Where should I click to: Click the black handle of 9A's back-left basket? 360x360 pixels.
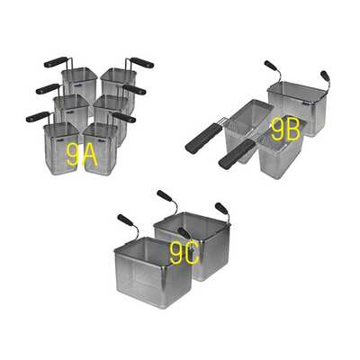coord(56,62)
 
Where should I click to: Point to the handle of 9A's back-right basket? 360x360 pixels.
coord(141,62)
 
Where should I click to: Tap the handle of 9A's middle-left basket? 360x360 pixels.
coord(48,88)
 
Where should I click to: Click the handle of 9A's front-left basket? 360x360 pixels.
coord(38,116)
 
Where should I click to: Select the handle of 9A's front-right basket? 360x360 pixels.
coord(123,117)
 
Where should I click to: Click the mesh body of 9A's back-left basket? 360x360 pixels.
coord(79,83)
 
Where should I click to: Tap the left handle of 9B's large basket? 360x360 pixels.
coord(271,66)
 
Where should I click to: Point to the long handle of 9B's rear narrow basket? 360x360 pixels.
coord(200,139)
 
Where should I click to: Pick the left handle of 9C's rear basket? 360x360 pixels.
coord(165,195)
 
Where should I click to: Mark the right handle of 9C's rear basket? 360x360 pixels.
coord(220,208)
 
